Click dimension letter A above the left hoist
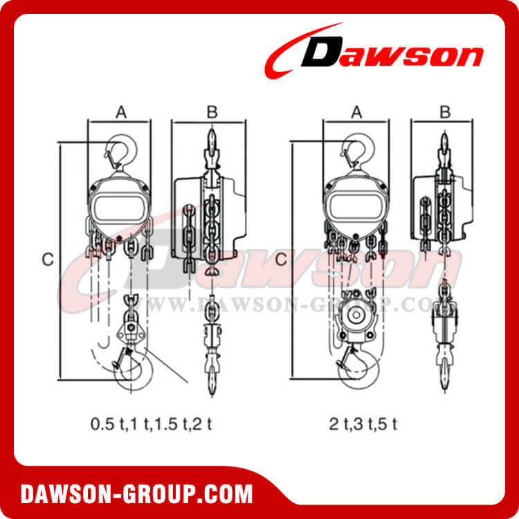120,111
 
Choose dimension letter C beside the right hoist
281,259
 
